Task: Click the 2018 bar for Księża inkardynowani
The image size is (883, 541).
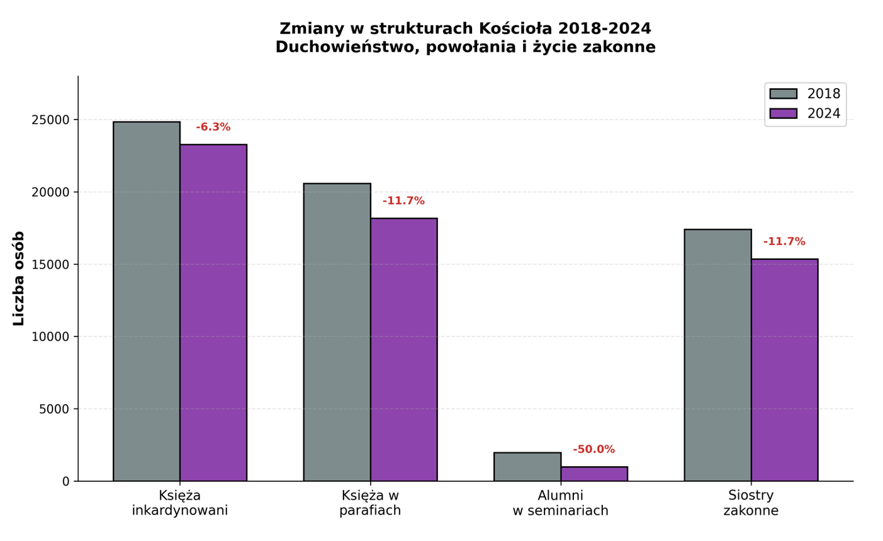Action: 147,301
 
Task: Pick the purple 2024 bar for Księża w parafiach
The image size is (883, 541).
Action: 403,350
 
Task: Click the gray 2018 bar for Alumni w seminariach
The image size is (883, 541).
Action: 527,467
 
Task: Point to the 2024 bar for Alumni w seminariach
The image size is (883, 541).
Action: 594,474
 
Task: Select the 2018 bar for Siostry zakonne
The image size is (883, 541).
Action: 717,355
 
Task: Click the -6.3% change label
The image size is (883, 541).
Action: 213,127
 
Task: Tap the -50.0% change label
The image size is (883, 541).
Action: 593,450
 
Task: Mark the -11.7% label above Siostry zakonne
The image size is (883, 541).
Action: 784,242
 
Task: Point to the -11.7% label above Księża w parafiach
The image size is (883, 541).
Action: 403,201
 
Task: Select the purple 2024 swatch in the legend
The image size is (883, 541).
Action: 783,113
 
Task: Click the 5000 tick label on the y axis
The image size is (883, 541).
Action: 54,410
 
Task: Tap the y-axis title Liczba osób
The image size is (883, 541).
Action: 19,278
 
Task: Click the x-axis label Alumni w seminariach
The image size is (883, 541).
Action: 560,503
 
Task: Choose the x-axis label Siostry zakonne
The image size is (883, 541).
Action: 751,503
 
